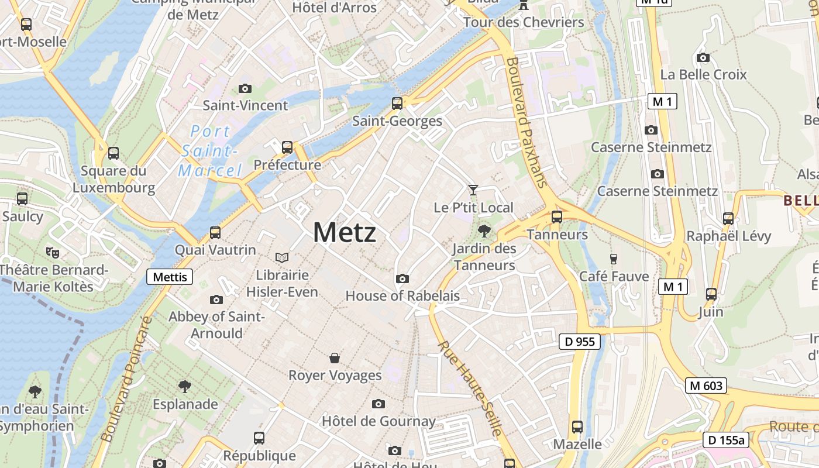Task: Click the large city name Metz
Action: coord(345,232)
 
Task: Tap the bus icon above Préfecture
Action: coord(287,147)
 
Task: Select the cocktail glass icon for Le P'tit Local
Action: coord(473,190)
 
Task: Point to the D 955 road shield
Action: coord(579,342)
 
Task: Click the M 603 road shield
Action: coord(706,386)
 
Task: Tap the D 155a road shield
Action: coord(725,440)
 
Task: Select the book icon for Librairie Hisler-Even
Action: coord(282,257)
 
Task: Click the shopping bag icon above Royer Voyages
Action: coord(335,357)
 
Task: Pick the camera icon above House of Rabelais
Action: coord(402,278)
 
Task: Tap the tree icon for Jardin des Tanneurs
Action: coord(484,230)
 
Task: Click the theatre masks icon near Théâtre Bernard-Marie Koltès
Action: coord(53,252)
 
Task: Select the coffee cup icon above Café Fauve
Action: coord(614,259)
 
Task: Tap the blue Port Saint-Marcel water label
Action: coord(211,151)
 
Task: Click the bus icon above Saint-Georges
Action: coord(397,104)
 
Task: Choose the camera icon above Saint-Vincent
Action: coord(245,88)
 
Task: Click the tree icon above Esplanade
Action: coord(185,386)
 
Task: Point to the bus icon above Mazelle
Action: coord(577,426)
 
